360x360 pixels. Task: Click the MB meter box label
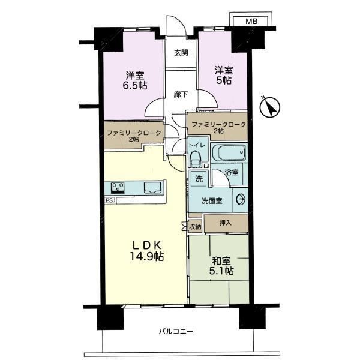[x=251, y=22]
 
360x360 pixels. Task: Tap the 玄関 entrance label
[x=181, y=53]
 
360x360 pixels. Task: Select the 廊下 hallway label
[x=181, y=94]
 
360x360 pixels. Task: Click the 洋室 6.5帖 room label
[x=135, y=80]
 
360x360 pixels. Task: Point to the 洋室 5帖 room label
[x=224, y=76]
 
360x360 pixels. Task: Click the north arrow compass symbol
[x=270, y=107]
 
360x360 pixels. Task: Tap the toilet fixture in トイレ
[x=196, y=158]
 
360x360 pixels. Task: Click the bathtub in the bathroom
[x=229, y=152]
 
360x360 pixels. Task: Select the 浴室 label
[x=232, y=172]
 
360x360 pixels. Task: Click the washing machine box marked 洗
[x=199, y=179]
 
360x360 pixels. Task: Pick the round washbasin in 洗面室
[x=241, y=199]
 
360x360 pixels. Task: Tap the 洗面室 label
[x=212, y=201]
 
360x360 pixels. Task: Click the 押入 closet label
[x=225, y=223]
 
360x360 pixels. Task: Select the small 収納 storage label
[x=195, y=227]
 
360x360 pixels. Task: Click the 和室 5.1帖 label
[x=221, y=266]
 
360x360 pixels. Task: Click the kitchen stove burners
[x=118, y=188]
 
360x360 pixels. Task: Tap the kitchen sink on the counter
[x=152, y=187]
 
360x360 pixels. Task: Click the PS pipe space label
[x=109, y=200]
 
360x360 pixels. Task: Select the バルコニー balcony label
[x=176, y=331]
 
